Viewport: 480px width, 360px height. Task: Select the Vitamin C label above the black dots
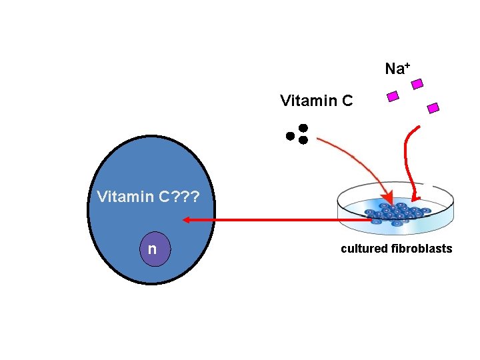(x=316, y=101)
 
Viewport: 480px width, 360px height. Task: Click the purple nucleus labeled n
(x=153, y=249)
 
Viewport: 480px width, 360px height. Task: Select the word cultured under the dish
(x=364, y=249)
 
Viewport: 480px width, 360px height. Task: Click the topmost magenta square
(x=417, y=84)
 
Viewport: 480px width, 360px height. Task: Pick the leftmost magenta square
(x=393, y=97)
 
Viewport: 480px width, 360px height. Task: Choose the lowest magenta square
(x=433, y=107)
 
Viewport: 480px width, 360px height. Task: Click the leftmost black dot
(x=290, y=136)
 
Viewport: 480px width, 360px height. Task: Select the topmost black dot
(x=303, y=127)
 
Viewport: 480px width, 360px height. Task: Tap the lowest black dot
(x=303, y=140)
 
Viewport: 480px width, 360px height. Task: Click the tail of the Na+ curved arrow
(x=418, y=127)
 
